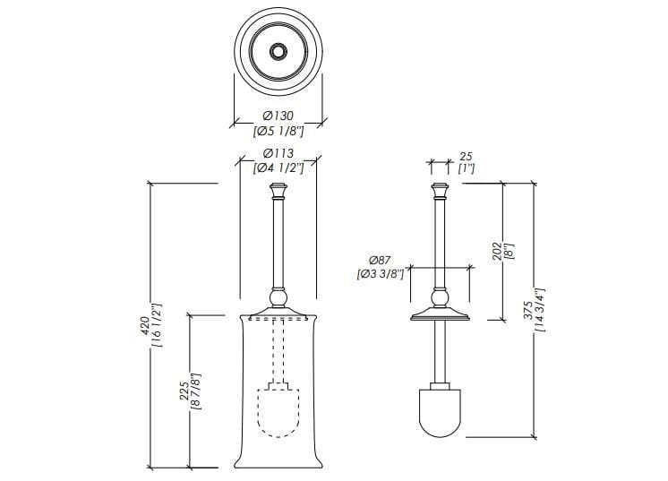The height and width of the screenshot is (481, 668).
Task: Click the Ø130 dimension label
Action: [x=278, y=116]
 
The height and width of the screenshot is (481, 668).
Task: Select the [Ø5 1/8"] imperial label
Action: [x=278, y=133]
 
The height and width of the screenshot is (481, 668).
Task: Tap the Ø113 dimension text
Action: [x=278, y=153]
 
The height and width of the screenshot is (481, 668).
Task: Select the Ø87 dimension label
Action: [x=380, y=260]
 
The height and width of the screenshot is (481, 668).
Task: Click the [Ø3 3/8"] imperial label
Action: [x=379, y=274]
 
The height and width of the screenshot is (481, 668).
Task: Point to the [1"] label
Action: [x=466, y=168]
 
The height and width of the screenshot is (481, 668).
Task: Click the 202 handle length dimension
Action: [x=498, y=252]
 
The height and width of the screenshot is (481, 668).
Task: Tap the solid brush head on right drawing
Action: [x=439, y=411]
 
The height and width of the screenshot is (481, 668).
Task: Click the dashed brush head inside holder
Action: [x=278, y=410]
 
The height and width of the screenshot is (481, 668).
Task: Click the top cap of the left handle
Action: [x=278, y=190]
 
